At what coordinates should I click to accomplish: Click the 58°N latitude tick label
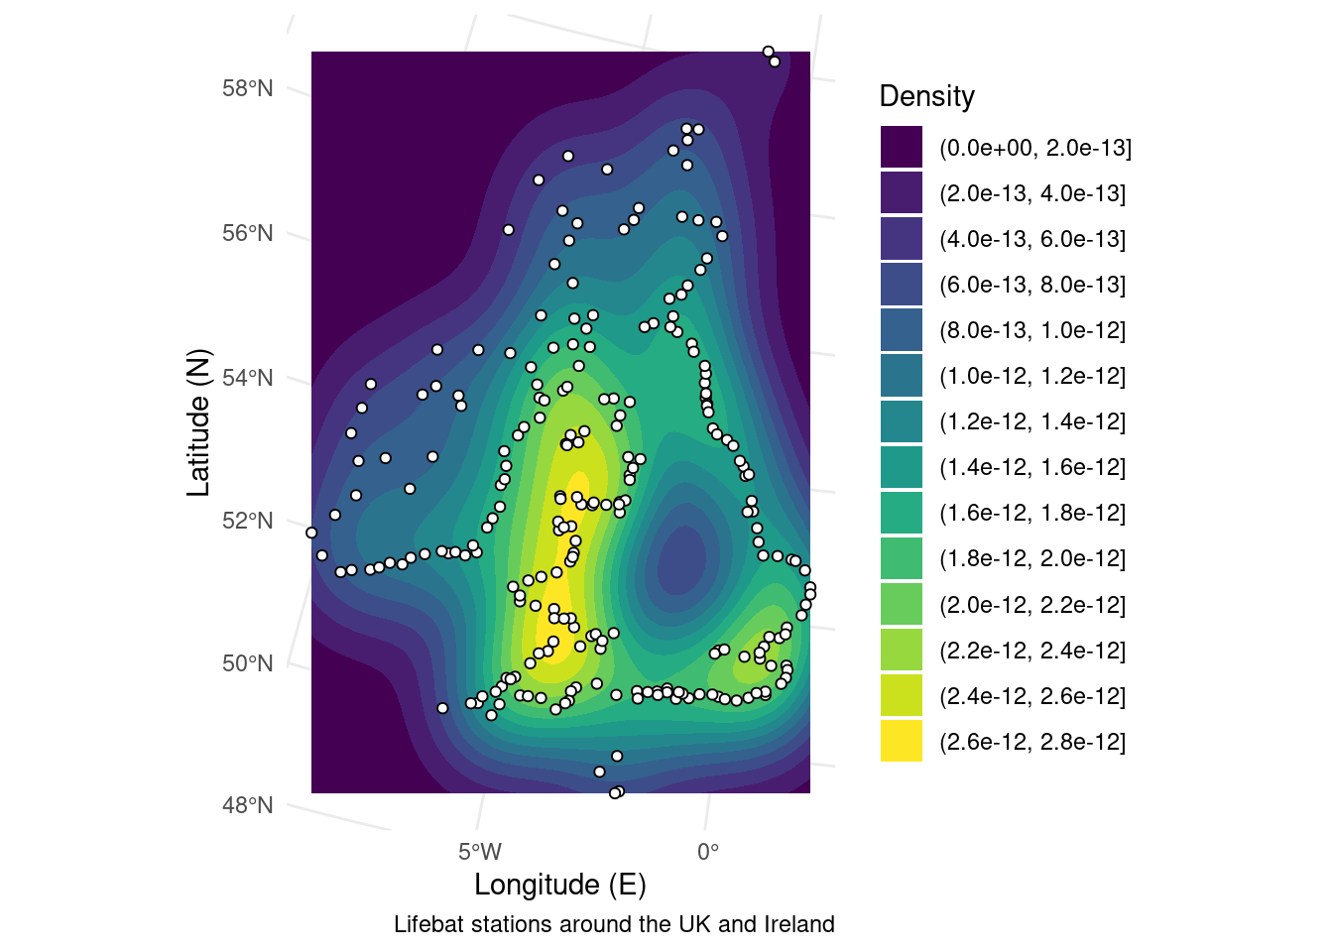click(247, 89)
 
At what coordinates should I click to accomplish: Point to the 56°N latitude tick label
click(247, 234)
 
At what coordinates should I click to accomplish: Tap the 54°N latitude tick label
click(247, 378)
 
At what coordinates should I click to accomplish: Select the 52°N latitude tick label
click(247, 522)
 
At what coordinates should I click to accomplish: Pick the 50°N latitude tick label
click(247, 663)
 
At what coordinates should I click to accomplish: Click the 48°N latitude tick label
click(247, 805)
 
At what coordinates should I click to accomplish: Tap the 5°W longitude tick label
click(480, 852)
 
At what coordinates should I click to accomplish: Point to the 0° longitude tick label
click(708, 852)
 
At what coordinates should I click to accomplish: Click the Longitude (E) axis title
click(560, 885)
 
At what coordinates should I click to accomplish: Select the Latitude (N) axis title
click(199, 422)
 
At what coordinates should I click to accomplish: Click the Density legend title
click(927, 96)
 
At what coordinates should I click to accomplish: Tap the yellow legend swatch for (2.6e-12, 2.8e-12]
click(902, 741)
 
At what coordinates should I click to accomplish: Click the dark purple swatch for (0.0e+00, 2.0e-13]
click(902, 147)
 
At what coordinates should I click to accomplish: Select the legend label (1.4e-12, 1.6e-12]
click(1032, 467)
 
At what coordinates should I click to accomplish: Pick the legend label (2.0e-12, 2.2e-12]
click(1032, 605)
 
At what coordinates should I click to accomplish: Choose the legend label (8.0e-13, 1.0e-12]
click(1032, 330)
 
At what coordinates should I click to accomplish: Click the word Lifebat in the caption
click(427, 924)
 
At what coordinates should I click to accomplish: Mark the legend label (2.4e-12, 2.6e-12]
click(1032, 696)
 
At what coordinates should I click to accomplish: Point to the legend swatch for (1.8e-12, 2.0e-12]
click(902, 558)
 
